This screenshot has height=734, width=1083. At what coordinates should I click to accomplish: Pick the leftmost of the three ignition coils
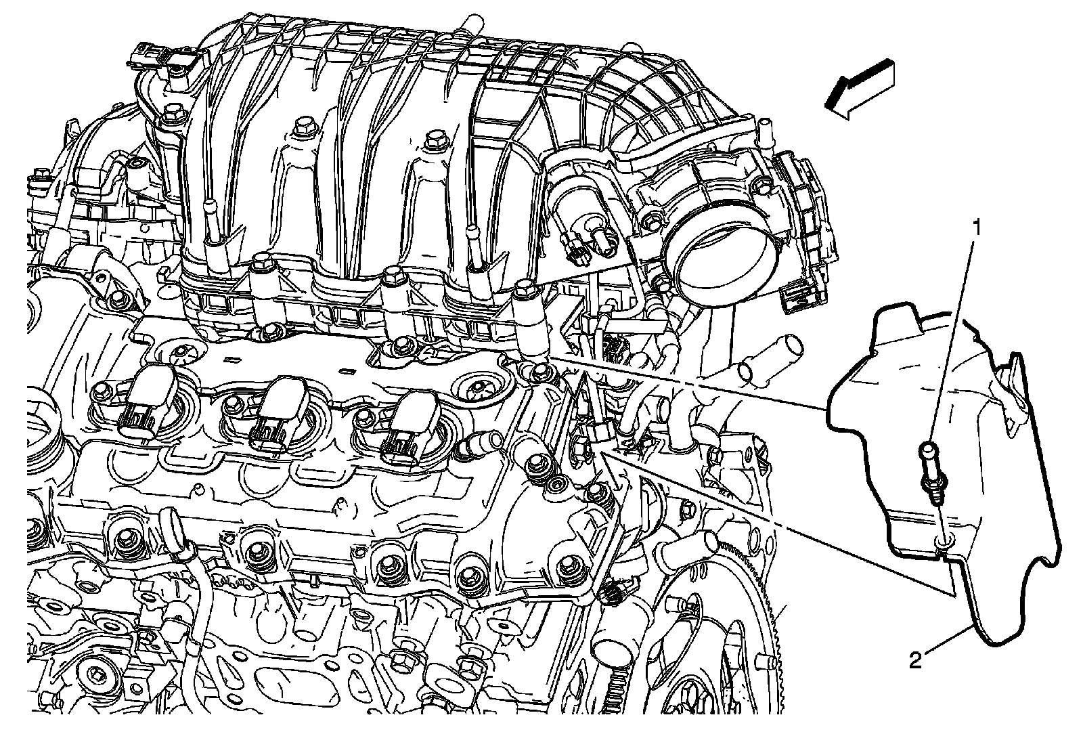[x=143, y=402]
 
